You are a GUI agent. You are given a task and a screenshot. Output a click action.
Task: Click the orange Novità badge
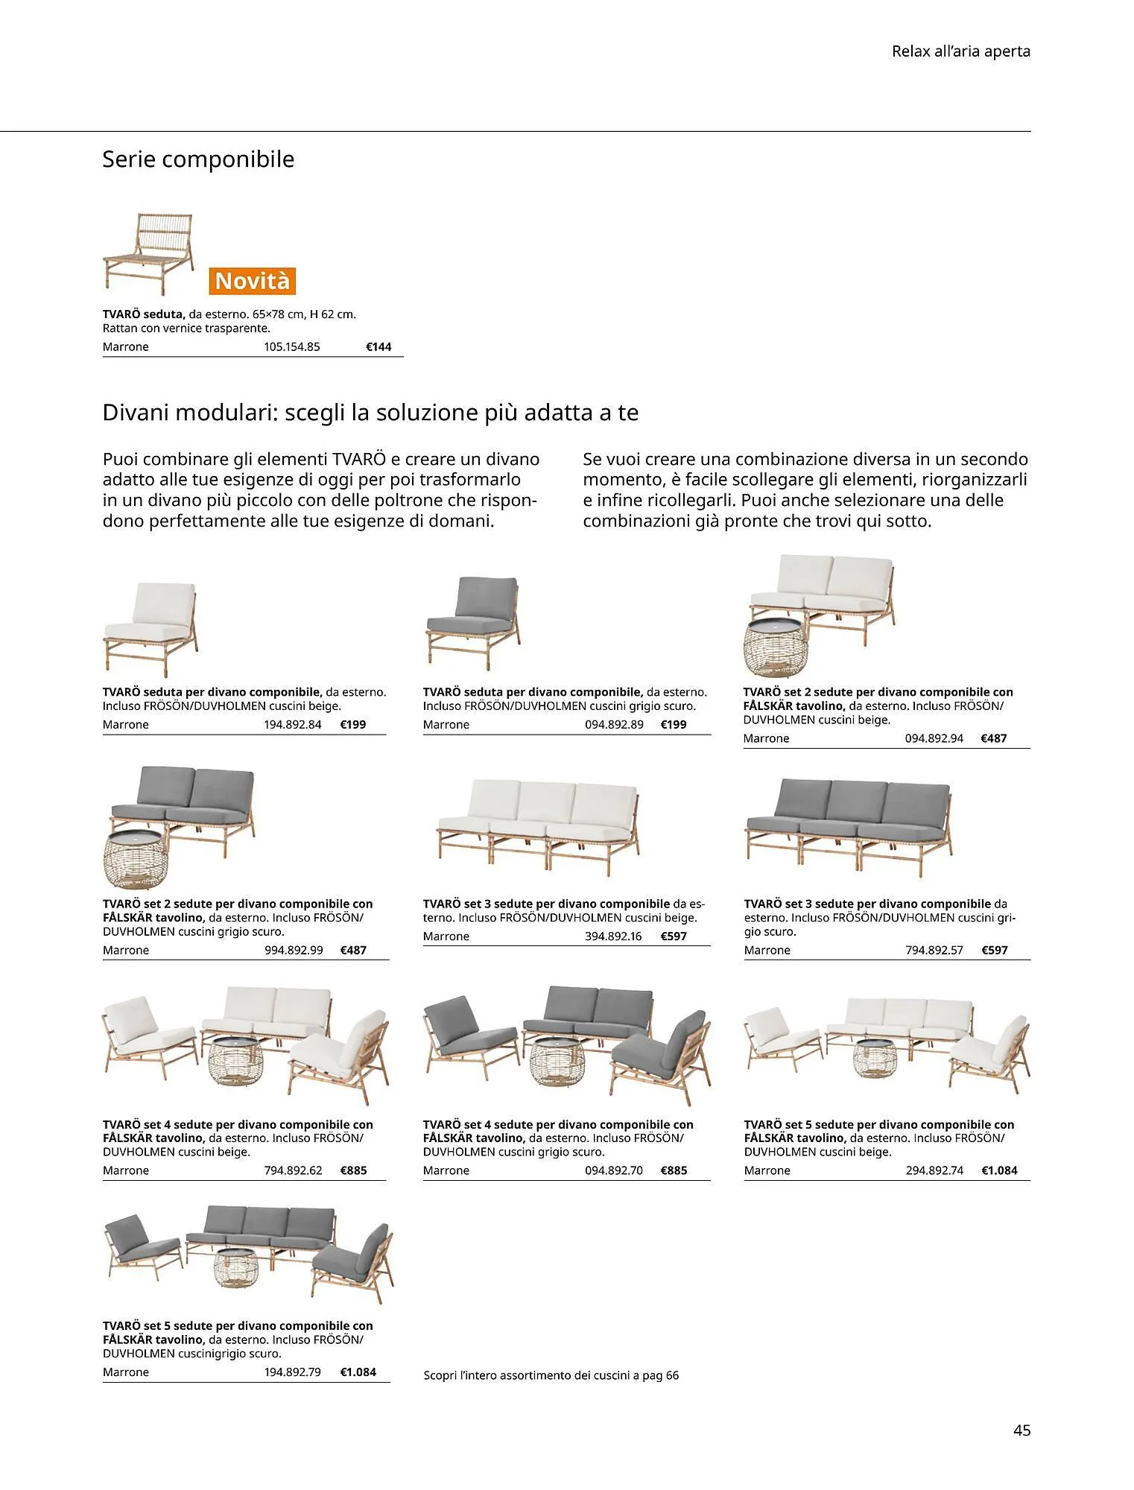(x=252, y=281)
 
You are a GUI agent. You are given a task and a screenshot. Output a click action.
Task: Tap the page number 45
(x=1021, y=1430)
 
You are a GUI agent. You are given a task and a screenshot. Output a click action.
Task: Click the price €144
(x=378, y=346)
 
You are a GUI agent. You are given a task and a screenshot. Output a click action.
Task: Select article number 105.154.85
(x=291, y=346)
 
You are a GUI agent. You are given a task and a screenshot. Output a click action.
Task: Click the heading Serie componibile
(x=198, y=159)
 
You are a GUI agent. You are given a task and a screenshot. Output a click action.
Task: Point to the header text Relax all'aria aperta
(x=960, y=51)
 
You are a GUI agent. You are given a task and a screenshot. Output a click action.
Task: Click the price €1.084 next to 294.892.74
(x=998, y=1170)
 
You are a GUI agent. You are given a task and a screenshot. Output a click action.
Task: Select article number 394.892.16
(x=612, y=936)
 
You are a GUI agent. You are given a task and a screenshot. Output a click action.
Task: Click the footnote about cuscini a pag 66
(x=551, y=1375)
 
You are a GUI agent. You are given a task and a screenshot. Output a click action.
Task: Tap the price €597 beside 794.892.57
(x=994, y=950)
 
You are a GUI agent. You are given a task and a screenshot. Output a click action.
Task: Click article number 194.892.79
(x=292, y=1372)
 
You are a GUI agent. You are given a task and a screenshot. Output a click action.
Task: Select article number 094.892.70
(x=613, y=1170)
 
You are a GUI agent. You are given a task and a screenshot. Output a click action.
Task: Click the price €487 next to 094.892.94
(x=993, y=738)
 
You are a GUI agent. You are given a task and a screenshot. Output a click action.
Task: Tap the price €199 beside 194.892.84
(x=352, y=724)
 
